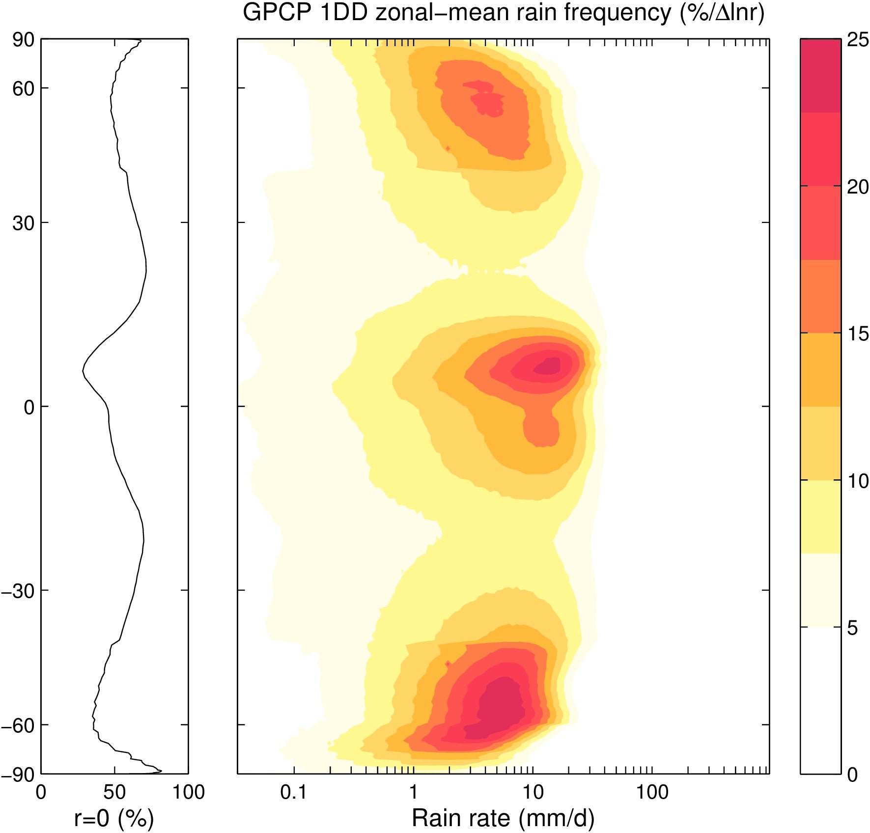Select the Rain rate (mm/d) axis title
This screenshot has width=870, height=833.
point(503,818)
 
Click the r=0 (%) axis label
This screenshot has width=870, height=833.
point(114,818)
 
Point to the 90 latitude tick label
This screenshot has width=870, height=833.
point(23,40)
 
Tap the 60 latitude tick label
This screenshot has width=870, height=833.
point(23,89)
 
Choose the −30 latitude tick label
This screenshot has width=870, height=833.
point(19,591)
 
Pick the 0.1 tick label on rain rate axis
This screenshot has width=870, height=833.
point(293,792)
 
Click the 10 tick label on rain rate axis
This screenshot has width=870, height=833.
point(533,792)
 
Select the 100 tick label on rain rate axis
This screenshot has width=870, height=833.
point(652,792)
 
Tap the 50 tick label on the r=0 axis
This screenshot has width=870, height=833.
point(114,792)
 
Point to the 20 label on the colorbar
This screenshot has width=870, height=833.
point(858,187)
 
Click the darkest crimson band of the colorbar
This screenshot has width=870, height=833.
point(820,76)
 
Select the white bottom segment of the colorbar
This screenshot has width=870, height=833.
point(820,700)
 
